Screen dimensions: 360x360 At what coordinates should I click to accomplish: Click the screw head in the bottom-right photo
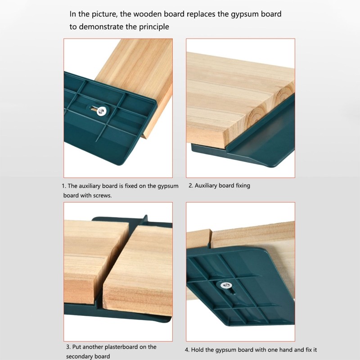click(223, 284)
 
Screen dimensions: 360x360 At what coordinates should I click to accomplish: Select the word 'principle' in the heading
click(153, 27)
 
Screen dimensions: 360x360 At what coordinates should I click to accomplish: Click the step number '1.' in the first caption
click(63, 186)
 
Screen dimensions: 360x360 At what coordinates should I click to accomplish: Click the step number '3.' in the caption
click(68, 347)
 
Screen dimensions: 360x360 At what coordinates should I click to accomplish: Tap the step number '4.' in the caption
click(187, 350)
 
